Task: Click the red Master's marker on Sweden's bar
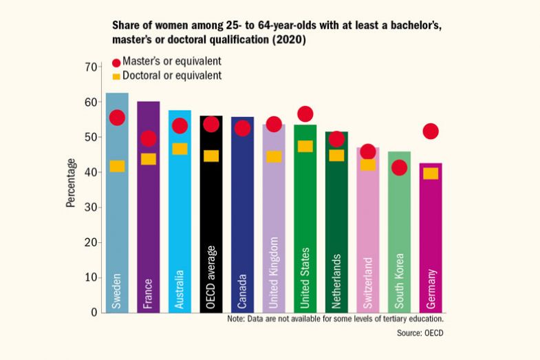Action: point(117,118)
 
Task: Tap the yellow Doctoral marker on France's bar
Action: point(149,159)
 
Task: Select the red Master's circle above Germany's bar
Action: point(431,131)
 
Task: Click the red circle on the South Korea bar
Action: point(399,167)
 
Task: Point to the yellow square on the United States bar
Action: point(305,146)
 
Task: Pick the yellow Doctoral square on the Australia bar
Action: point(180,149)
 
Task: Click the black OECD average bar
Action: point(211,220)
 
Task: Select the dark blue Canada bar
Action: point(242,220)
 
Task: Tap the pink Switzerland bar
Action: point(368,234)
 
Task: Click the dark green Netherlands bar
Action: point(336,227)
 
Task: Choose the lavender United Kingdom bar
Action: point(274,227)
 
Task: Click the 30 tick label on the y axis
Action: point(90,207)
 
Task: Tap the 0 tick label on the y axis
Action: point(94,313)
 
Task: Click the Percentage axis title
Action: point(71,182)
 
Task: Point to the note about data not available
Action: point(335,319)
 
